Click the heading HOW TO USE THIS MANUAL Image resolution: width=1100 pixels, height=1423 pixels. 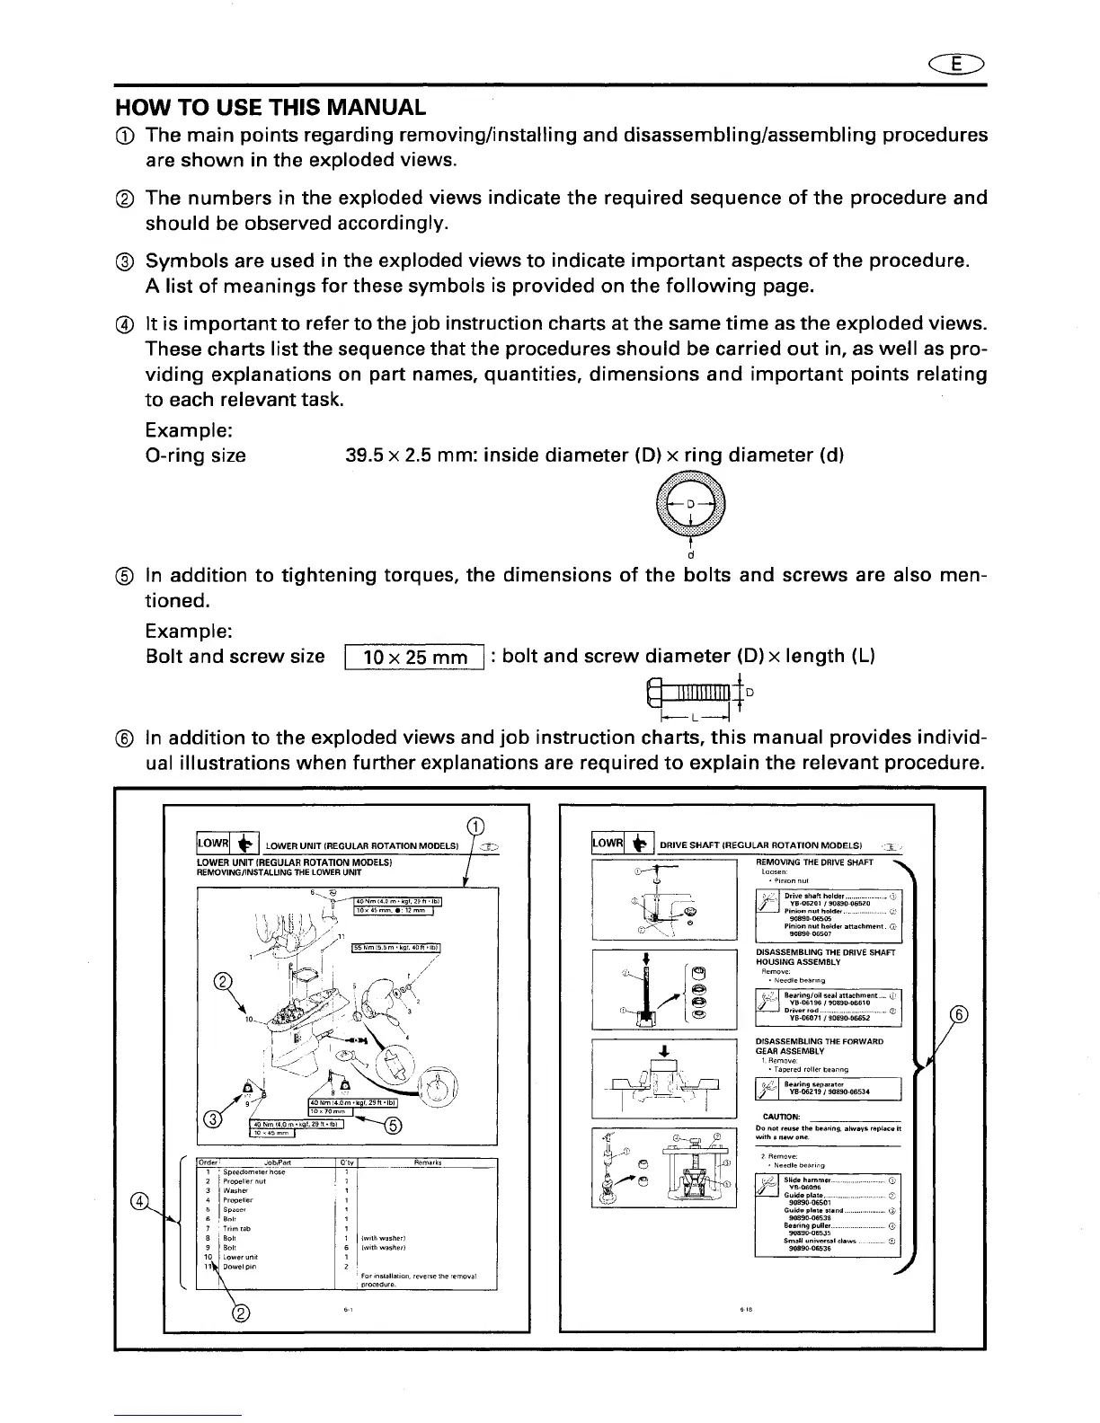click(271, 108)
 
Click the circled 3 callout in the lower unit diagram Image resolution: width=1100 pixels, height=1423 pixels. click(213, 1119)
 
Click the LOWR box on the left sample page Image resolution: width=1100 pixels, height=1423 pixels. click(213, 845)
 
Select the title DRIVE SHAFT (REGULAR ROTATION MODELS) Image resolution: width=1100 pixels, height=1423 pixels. click(761, 846)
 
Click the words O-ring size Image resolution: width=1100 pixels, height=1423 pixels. click(195, 455)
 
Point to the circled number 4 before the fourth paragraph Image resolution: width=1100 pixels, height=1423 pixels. click(125, 324)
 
